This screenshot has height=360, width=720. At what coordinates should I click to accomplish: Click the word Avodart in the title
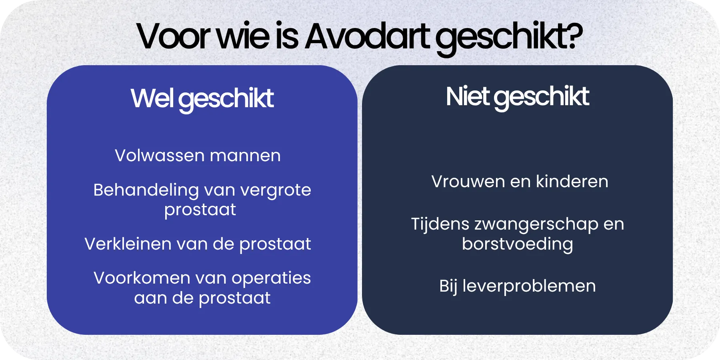(x=368, y=37)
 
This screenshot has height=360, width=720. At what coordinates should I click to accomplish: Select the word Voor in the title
(x=173, y=37)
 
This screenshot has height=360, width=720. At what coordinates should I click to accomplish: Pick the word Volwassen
(x=160, y=156)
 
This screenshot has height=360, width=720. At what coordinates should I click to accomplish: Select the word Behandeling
(x=146, y=190)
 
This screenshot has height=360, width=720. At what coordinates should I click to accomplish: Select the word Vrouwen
(x=468, y=182)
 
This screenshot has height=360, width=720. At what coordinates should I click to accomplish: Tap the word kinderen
(x=572, y=182)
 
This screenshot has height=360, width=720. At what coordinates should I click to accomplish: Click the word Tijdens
(x=440, y=224)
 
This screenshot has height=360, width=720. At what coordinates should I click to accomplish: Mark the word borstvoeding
(x=517, y=244)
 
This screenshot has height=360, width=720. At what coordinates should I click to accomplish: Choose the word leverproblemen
(x=529, y=286)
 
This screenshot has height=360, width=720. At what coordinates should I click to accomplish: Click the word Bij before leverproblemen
(x=448, y=286)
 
